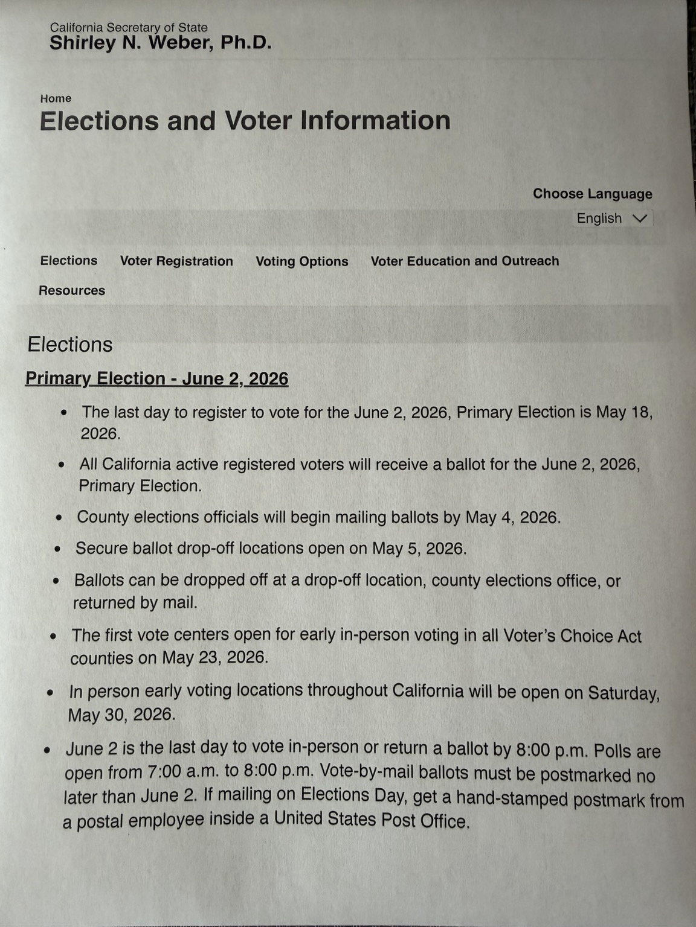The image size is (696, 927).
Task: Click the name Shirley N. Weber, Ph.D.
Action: [x=160, y=43]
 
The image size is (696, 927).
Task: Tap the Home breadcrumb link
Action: [x=56, y=98]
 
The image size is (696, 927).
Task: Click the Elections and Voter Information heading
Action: [x=245, y=120]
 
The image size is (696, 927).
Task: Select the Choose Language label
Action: [x=592, y=194]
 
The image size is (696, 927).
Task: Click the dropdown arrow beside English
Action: [x=639, y=218]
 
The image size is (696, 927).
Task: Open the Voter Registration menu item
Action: [x=176, y=261]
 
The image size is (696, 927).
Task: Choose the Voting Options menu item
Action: [x=301, y=261]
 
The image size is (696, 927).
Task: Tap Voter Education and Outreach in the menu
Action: [x=465, y=261]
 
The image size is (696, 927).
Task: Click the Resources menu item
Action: [x=72, y=290]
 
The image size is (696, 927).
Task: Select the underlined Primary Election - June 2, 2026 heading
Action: [x=156, y=378]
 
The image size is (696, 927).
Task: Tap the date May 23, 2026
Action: [x=214, y=657]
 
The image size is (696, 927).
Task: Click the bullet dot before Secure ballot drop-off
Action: [x=57, y=549]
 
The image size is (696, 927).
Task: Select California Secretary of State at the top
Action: [x=129, y=28]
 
